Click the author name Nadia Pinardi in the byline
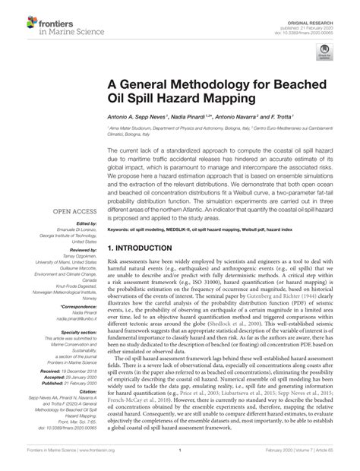[189, 117]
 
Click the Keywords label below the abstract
[121, 228]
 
